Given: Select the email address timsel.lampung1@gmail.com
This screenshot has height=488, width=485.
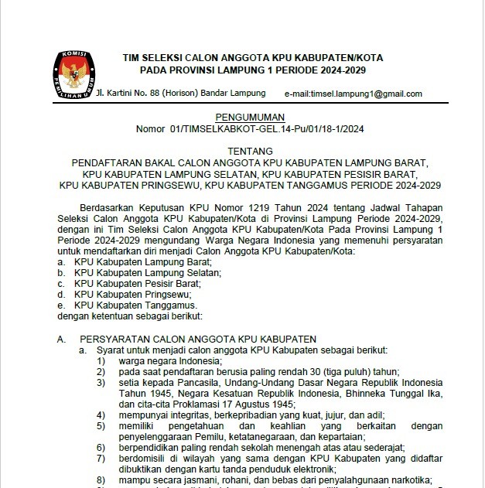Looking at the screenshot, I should point(354,94).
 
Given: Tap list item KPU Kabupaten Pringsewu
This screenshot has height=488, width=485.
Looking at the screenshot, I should point(131,295).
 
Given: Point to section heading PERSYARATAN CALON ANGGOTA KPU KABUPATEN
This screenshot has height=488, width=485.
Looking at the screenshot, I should point(198,340).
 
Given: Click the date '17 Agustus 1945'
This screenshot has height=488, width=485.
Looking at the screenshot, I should point(258,404).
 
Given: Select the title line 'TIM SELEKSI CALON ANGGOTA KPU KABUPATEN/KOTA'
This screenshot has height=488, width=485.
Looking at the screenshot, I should point(252,58).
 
